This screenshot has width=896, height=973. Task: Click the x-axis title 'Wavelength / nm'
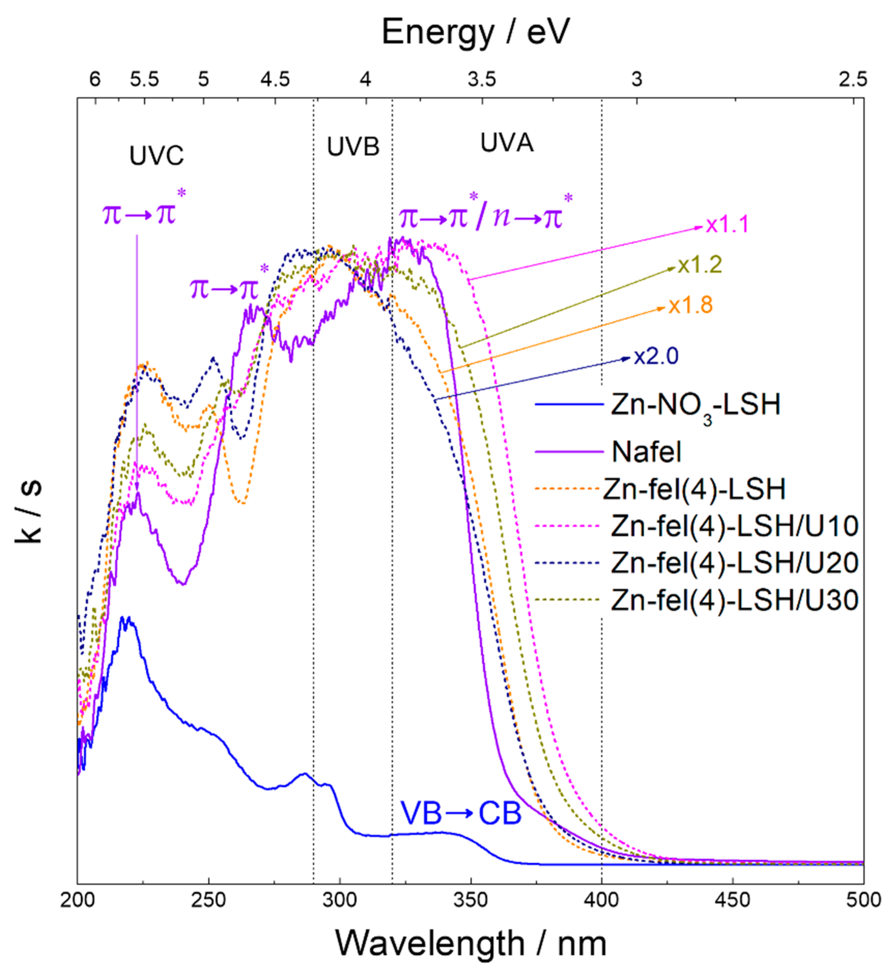click(x=470, y=943)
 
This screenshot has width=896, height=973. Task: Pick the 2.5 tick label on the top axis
click(x=853, y=79)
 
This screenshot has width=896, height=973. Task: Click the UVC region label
click(x=156, y=156)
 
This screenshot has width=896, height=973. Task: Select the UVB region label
click(x=353, y=146)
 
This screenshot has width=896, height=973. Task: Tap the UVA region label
click(x=507, y=143)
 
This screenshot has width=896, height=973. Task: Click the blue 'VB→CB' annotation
click(x=461, y=813)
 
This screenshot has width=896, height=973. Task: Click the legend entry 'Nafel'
click(x=646, y=452)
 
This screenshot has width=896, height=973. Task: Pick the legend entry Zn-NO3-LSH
click(x=695, y=405)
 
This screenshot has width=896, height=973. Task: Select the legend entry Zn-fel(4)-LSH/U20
click(x=734, y=563)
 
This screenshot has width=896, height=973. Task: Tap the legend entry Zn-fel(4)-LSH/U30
click(x=734, y=600)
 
